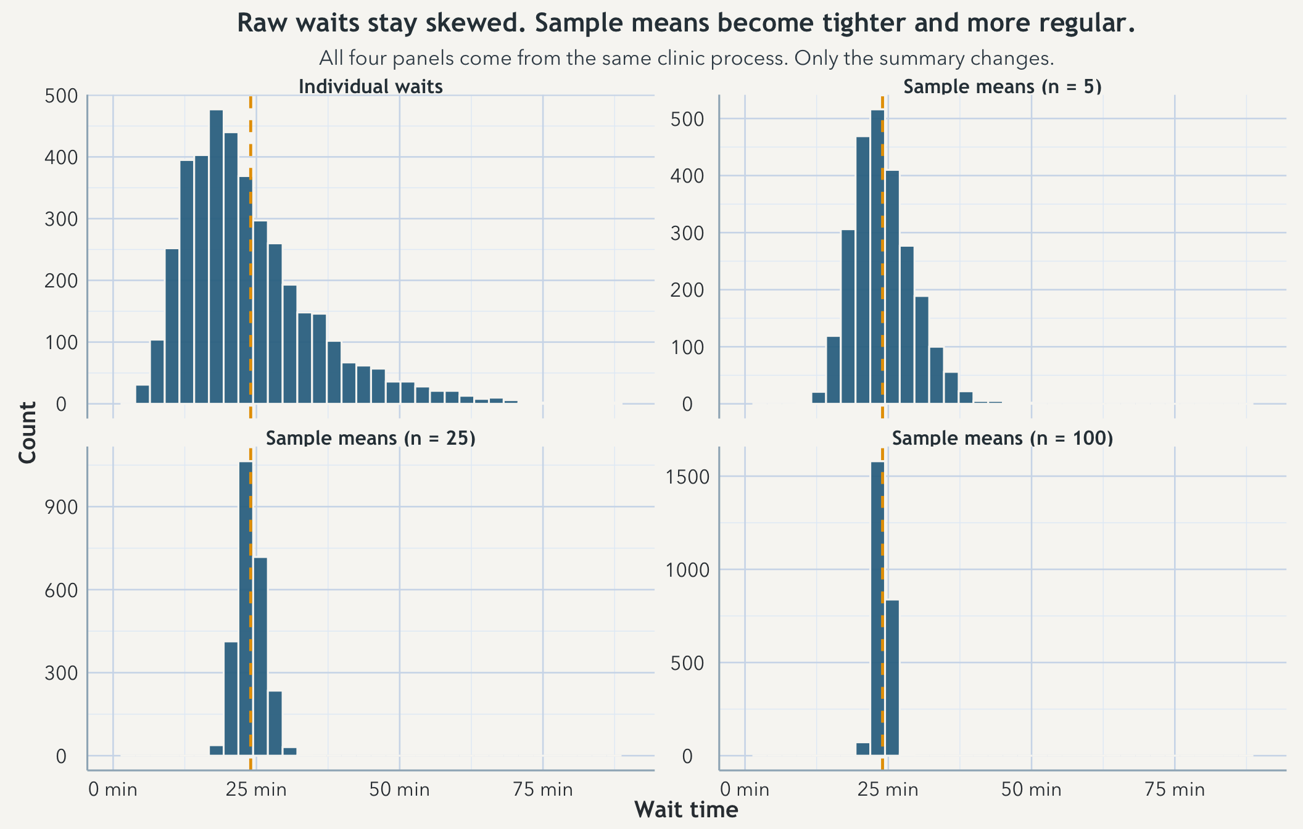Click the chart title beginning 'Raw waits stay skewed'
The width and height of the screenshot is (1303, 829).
click(685, 23)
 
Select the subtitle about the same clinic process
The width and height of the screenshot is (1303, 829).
click(685, 59)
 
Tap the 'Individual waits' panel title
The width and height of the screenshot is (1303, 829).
click(370, 86)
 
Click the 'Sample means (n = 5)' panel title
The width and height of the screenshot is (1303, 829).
click(1002, 86)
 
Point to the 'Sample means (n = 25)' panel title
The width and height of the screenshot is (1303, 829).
click(370, 438)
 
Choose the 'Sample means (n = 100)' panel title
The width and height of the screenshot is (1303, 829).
click(1002, 438)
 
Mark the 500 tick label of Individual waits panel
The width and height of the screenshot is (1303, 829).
click(61, 96)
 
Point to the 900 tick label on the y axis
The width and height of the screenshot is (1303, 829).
click(61, 508)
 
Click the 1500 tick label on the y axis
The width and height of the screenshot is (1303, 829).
click(688, 477)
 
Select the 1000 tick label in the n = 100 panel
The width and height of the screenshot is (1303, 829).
click(688, 570)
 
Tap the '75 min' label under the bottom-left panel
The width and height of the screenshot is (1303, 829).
click(543, 790)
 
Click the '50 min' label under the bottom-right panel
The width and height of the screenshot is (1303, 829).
click(1031, 790)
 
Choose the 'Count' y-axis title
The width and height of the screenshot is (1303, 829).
click(28, 432)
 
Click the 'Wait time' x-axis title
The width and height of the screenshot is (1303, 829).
click(685, 810)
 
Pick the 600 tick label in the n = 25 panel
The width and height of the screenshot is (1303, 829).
click(61, 590)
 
